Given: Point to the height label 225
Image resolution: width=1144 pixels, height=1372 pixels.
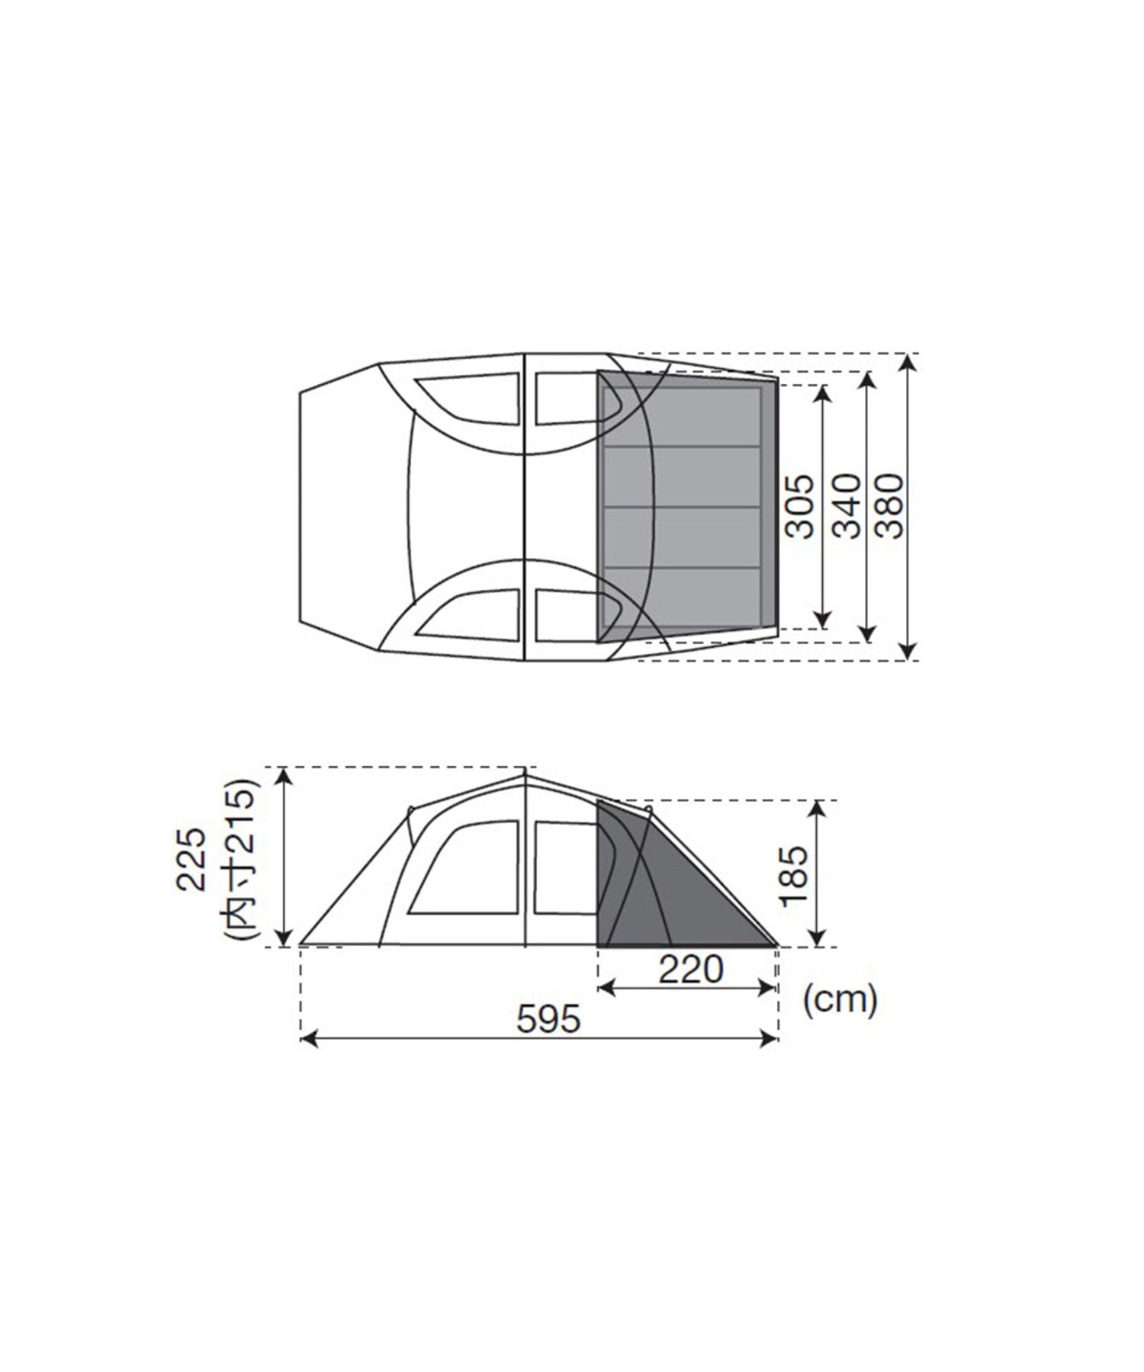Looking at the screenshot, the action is pos(191,859).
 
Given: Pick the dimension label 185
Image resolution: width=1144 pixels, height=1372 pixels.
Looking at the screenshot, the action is pos(794,874).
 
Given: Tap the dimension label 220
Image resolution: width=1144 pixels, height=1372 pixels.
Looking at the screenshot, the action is pos(691,970).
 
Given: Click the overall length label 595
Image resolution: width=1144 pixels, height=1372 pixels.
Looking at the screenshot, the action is pos(548,1019).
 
